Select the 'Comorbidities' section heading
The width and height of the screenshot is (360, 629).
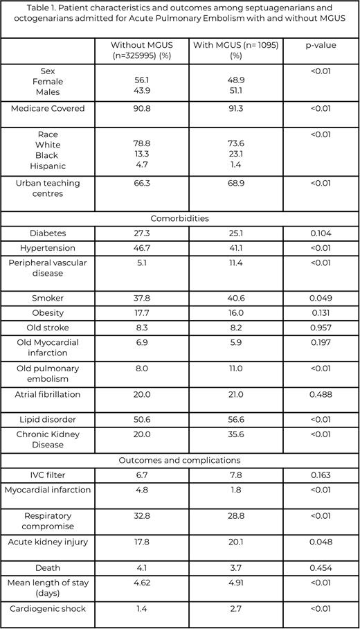click(179, 218)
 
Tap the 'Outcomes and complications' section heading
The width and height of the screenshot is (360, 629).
click(179, 460)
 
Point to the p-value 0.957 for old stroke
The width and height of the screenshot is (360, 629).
click(321, 328)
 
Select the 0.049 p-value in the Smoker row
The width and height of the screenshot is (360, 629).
click(321, 298)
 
